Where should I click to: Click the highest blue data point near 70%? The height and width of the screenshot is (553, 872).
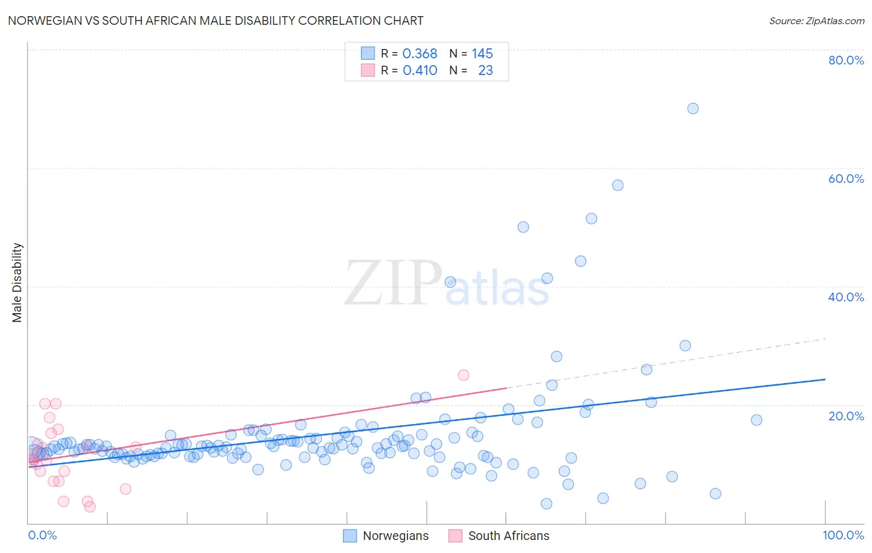(693, 108)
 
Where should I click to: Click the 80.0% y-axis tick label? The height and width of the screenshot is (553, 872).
(846, 60)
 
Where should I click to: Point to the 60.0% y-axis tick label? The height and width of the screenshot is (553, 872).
(846, 179)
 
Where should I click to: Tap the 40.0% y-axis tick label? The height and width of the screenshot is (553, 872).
(846, 297)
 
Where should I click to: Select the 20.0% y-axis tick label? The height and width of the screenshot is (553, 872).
(846, 415)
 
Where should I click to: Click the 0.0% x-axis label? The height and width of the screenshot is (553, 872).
(42, 535)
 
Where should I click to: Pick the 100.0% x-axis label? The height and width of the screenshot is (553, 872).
(843, 535)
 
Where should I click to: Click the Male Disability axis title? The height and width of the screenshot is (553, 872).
(17, 283)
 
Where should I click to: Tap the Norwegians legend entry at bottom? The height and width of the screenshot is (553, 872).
(395, 536)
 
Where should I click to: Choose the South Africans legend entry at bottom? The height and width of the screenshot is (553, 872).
(509, 536)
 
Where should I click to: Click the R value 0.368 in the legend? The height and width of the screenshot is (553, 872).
(420, 54)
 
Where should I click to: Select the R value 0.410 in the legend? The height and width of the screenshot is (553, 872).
(420, 71)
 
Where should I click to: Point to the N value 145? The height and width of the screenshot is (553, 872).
(482, 54)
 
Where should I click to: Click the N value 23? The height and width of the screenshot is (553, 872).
(485, 71)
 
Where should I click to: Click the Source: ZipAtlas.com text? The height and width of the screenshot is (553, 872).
(816, 21)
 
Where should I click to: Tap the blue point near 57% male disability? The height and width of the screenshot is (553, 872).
(618, 185)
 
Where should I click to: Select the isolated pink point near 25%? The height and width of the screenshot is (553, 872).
(463, 375)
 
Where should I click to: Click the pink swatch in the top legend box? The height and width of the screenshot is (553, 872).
(368, 70)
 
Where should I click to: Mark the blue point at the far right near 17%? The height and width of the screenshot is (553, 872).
(756, 420)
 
